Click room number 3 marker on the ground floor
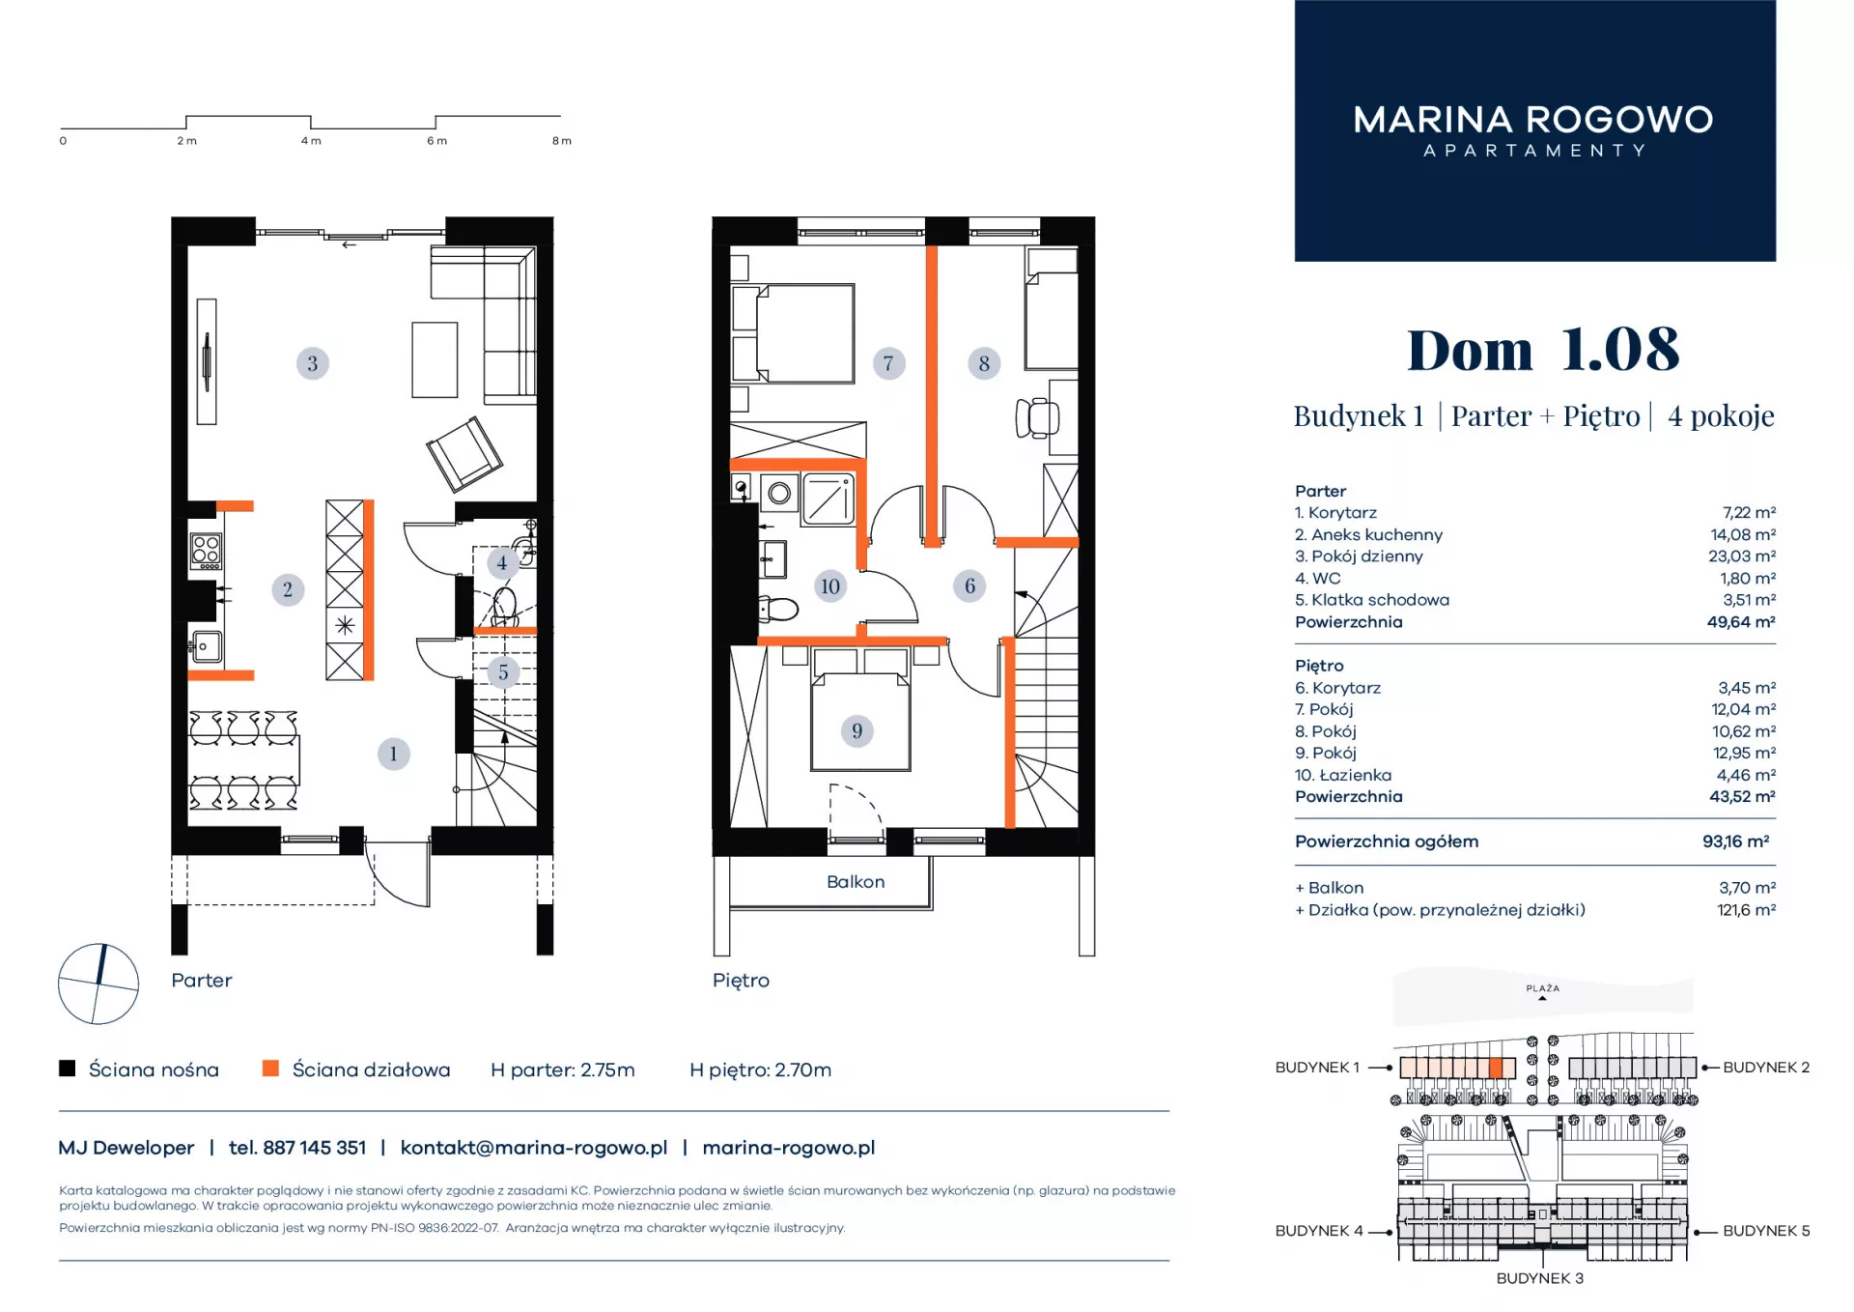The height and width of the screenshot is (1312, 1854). [x=312, y=363]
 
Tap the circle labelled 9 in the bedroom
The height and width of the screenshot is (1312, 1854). [x=857, y=730]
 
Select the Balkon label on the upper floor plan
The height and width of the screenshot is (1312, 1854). [x=856, y=882]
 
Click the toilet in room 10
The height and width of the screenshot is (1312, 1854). [x=779, y=609]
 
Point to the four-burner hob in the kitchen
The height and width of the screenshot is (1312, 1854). [x=206, y=551]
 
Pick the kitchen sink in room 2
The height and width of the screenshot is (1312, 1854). [x=206, y=646]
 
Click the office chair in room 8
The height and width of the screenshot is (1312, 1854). [x=1037, y=417]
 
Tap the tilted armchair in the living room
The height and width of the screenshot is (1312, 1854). [x=464, y=453]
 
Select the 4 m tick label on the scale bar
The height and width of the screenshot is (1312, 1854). [x=311, y=141]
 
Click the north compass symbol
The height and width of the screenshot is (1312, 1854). [x=98, y=984]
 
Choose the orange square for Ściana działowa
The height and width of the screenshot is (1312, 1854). [x=270, y=1069]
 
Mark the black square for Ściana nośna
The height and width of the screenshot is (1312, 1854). [x=67, y=1069]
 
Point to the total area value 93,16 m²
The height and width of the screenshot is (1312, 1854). [x=1736, y=841]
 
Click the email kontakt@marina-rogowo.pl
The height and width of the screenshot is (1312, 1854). [x=534, y=1148]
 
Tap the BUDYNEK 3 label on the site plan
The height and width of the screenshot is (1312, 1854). [x=1540, y=1278]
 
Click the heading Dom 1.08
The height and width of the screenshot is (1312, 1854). [x=1543, y=349]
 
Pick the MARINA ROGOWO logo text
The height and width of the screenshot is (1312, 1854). [x=1533, y=120]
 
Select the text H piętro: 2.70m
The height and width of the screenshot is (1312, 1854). [x=760, y=1070]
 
